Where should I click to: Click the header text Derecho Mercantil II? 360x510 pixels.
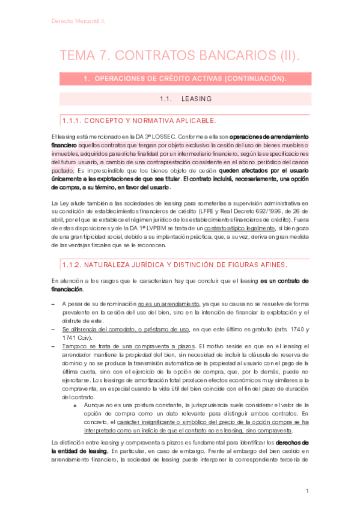click(78, 21)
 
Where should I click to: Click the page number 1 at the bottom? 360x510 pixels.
click(307, 491)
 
